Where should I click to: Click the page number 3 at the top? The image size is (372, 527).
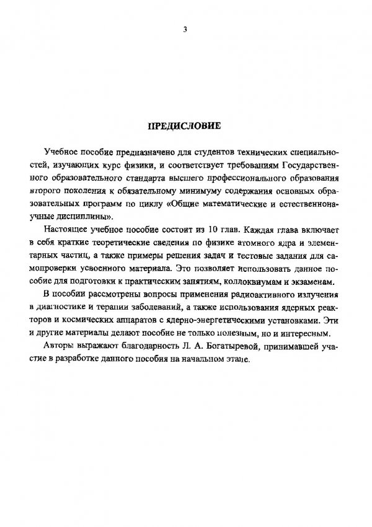click(x=185, y=30)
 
